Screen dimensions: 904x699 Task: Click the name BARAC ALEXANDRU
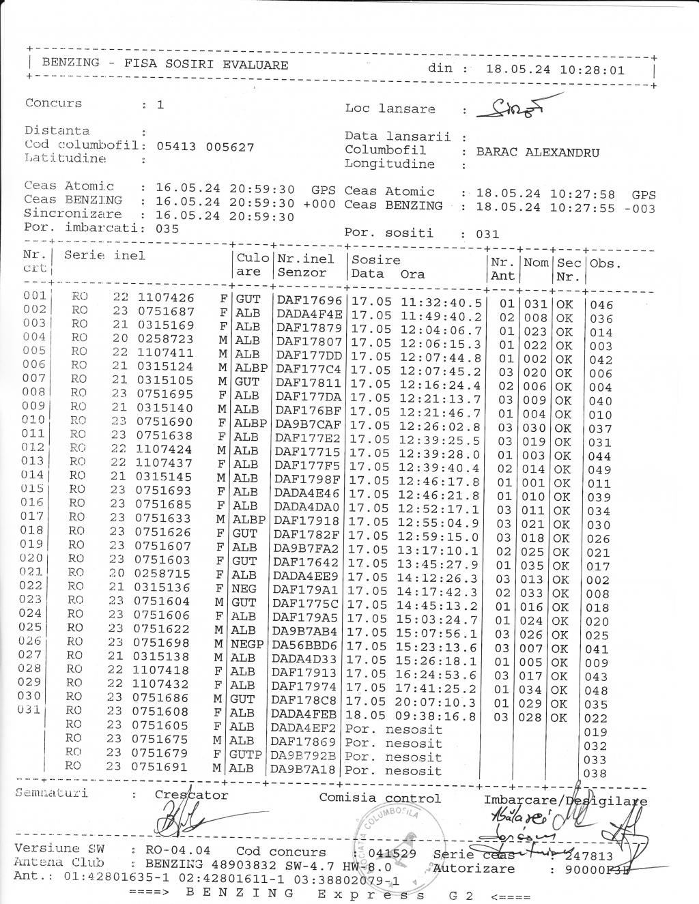(537, 152)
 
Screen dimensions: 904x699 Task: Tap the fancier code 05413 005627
(205, 147)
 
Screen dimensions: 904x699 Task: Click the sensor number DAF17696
(309, 301)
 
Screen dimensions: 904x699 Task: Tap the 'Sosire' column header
(375, 260)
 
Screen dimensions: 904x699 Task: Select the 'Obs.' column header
(605, 263)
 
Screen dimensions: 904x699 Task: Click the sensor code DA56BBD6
(304, 645)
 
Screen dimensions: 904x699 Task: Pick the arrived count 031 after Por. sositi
(487, 234)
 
